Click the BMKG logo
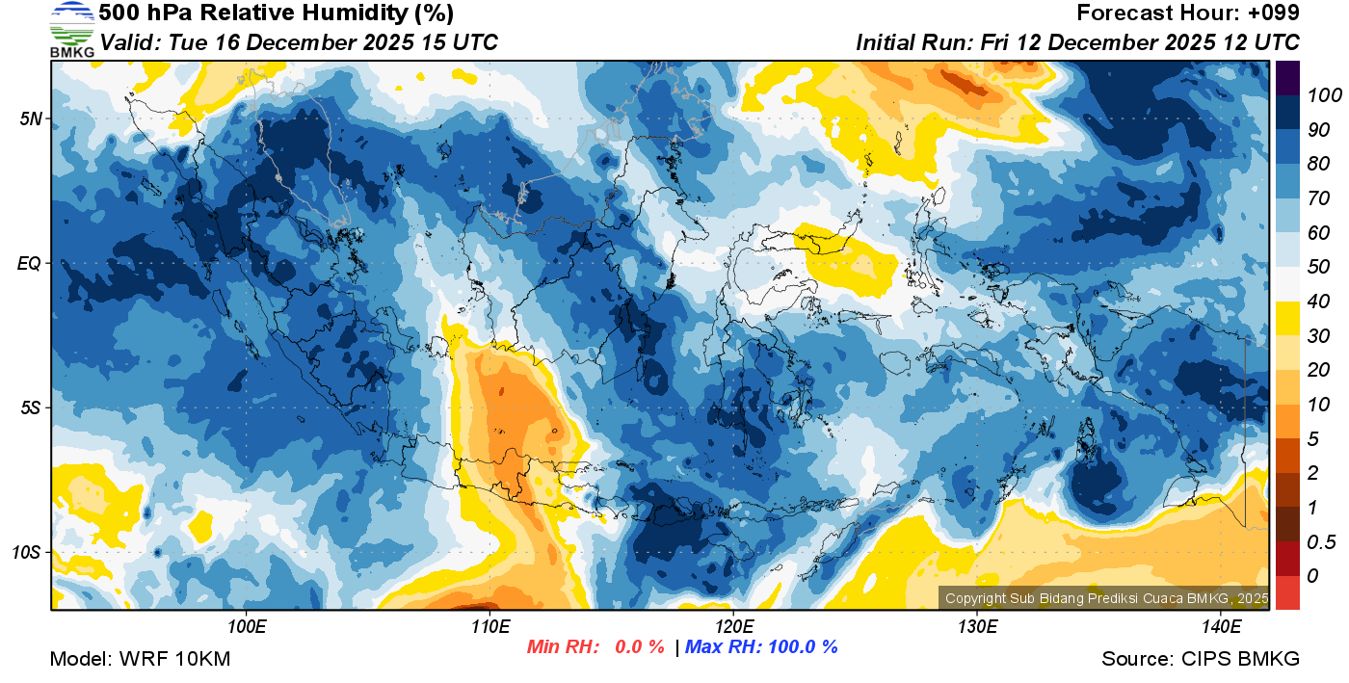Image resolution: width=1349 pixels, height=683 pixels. click(71, 29)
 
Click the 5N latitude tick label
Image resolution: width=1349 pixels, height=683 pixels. click(30, 118)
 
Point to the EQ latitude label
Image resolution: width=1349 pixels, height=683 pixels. click(29, 263)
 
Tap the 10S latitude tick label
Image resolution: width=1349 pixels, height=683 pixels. click(27, 552)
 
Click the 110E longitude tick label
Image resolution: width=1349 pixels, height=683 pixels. click(489, 626)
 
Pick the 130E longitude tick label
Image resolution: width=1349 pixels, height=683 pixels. click(976, 626)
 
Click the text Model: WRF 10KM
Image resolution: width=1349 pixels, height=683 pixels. click(140, 659)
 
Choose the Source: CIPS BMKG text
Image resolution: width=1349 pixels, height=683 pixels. click(1201, 659)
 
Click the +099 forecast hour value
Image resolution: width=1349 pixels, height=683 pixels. click(1274, 13)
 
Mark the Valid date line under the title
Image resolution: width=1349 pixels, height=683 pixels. click(299, 42)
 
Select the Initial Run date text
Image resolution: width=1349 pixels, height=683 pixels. click(1077, 42)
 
